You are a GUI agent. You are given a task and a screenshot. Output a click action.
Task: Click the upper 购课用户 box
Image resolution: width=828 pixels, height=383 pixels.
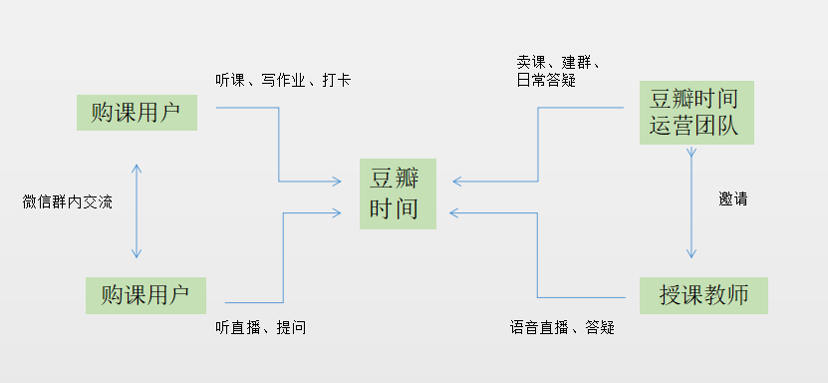click(137, 113)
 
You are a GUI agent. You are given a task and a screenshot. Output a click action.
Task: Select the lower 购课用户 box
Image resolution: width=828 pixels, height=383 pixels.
click(145, 295)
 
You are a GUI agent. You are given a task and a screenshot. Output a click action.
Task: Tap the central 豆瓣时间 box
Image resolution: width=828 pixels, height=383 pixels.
click(398, 194)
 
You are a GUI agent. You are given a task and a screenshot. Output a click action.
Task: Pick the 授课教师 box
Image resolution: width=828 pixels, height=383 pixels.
click(703, 294)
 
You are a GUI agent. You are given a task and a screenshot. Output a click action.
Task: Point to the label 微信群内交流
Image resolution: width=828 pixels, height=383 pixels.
click(68, 201)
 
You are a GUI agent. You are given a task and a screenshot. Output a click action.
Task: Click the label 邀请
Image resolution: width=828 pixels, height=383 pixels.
click(732, 198)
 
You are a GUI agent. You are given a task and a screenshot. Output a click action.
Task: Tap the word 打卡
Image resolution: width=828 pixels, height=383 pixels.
click(336, 80)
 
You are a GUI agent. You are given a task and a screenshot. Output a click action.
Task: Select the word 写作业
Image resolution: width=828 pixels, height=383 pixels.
click(289, 80)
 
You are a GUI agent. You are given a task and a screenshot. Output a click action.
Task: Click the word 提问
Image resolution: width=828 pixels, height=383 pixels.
click(291, 327)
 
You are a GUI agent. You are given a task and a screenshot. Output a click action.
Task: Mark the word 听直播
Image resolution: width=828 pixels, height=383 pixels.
click(239, 327)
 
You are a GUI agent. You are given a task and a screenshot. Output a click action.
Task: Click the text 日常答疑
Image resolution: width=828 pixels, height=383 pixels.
click(540, 81)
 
